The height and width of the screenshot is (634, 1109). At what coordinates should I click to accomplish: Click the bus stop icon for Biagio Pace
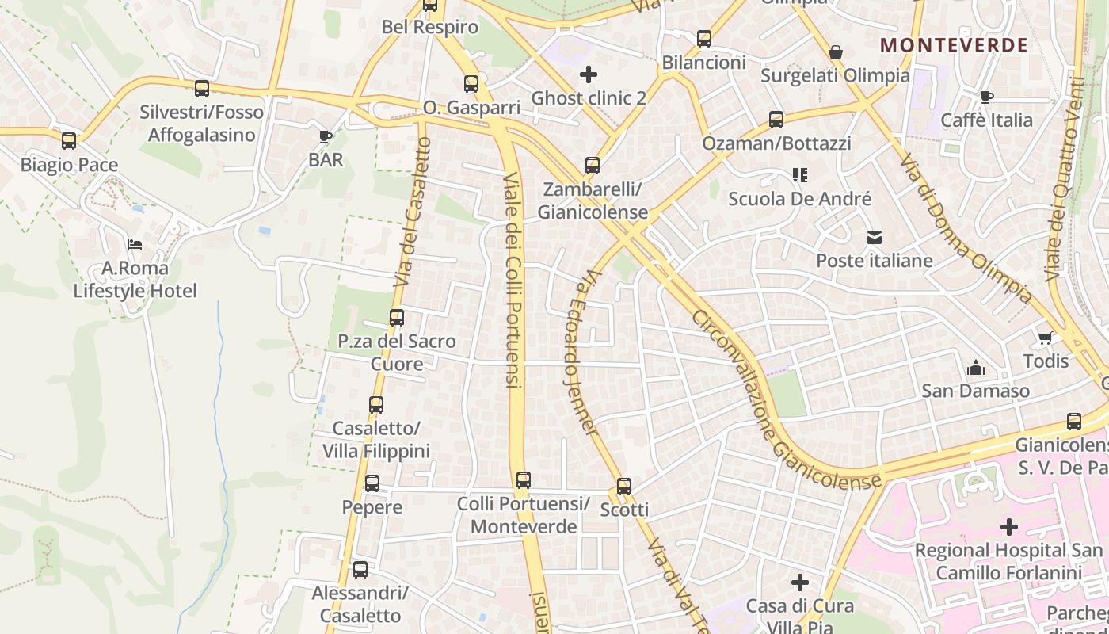[x=69, y=141]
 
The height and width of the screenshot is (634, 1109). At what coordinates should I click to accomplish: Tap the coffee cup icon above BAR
[x=326, y=136]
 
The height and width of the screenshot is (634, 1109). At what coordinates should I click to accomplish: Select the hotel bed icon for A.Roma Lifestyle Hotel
[x=135, y=244]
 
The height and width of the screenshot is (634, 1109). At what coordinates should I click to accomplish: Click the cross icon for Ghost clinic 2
[x=589, y=74]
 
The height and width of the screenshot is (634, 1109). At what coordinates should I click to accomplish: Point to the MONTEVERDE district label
[x=954, y=45]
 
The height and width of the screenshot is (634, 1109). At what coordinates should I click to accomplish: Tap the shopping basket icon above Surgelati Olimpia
[x=835, y=53]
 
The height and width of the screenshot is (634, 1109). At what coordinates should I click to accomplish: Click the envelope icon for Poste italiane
[x=875, y=237]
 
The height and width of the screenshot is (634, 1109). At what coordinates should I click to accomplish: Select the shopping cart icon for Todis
[x=1046, y=338]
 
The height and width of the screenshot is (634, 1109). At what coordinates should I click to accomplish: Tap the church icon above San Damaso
[x=975, y=368]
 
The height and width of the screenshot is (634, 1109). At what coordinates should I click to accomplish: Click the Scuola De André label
[x=799, y=199]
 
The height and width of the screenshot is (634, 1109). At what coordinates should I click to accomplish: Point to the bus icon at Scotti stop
[x=624, y=486]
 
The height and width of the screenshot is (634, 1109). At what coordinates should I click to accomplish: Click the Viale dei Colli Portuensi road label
[x=513, y=280]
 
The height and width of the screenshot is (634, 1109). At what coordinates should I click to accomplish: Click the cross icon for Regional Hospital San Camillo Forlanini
[x=1008, y=526]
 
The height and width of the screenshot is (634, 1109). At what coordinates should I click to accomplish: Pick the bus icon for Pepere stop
[x=372, y=483]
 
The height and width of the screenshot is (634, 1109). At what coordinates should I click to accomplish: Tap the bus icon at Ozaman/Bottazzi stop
[x=776, y=120]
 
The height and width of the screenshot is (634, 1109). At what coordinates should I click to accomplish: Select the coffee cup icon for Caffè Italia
[x=986, y=97]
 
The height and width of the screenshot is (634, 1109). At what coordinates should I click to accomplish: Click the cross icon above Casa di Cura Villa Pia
[x=800, y=582]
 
